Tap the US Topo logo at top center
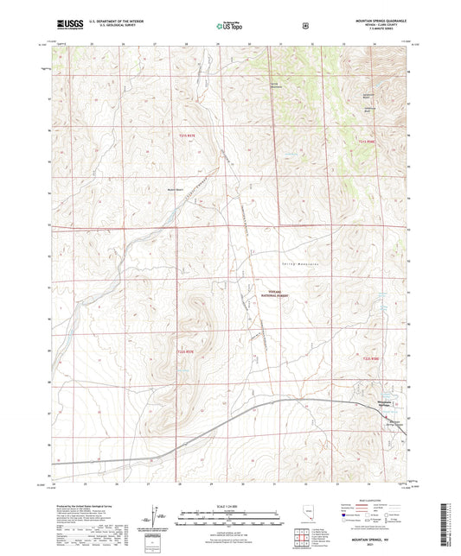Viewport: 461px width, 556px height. (229, 27)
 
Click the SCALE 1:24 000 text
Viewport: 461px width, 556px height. (229, 504)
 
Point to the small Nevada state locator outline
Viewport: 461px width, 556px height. (310, 513)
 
